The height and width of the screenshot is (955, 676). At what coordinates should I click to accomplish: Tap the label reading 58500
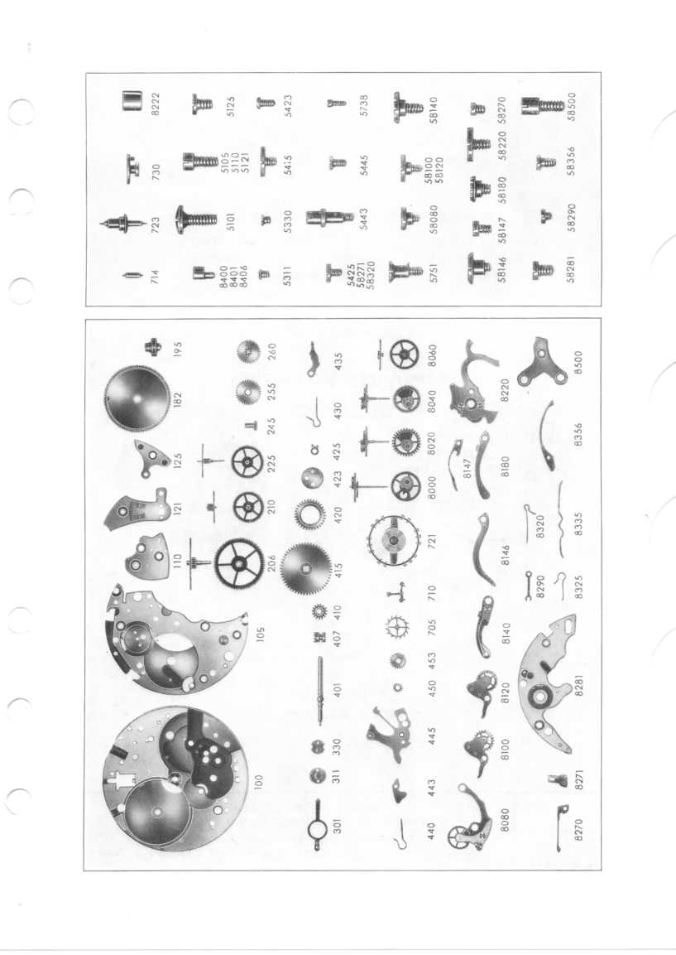click(572, 107)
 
